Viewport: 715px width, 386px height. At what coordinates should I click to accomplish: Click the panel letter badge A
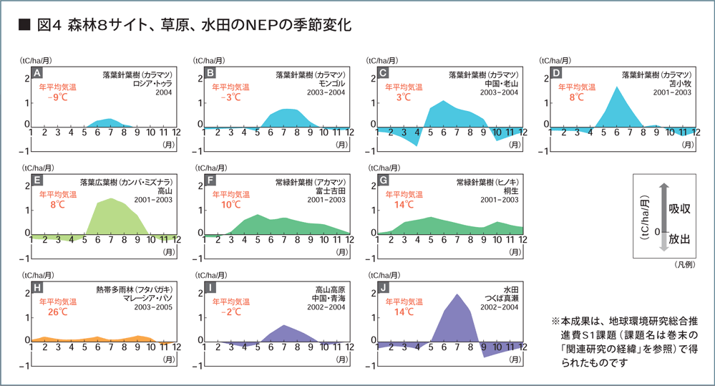click(38, 73)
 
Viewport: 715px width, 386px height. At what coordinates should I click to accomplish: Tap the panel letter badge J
click(384, 288)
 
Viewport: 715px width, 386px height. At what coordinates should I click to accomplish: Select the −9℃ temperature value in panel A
click(57, 98)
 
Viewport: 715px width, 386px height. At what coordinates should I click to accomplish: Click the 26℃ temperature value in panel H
click(57, 312)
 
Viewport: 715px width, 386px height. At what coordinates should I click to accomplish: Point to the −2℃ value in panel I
click(230, 312)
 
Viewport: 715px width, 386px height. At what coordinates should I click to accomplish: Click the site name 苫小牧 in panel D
click(678, 83)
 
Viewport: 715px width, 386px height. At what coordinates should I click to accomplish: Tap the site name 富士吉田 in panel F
click(331, 190)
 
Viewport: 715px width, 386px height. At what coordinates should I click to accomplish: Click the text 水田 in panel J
click(511, 289)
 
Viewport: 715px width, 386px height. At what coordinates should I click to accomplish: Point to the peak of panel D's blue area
click(616, 87)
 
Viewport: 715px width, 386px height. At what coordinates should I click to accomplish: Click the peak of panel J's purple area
click(457, 294)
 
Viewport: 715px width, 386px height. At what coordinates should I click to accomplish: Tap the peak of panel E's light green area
click(112, 198)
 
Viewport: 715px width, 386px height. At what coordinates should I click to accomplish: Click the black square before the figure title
click(24, 26)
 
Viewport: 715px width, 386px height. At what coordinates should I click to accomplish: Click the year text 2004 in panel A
click(164, 92)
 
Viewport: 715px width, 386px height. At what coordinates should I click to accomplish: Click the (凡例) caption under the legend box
click(685, 264)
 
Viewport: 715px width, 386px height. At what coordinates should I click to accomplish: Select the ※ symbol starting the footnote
click(555, 322)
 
